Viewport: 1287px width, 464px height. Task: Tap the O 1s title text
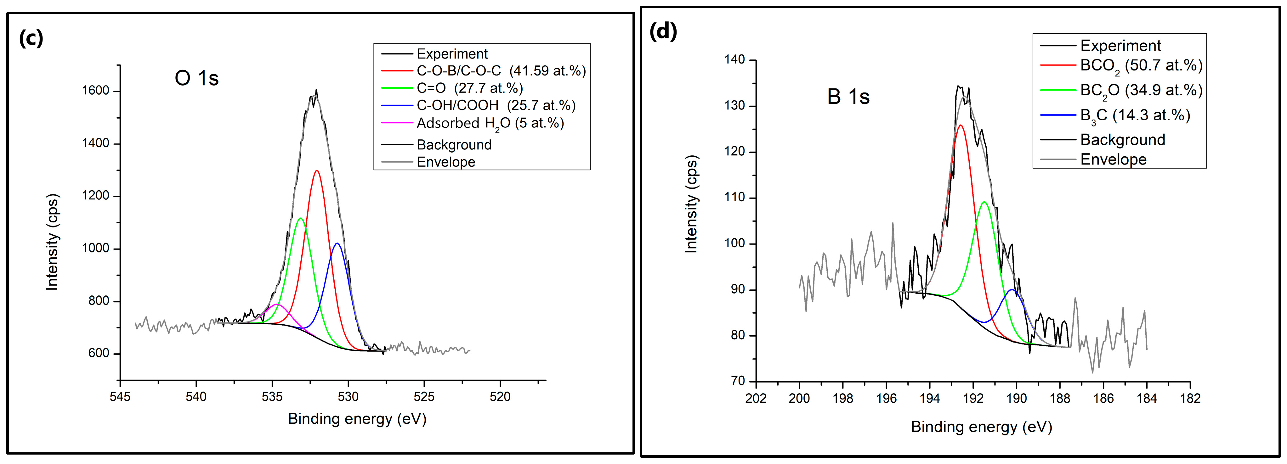pyautogui.click(x=196, y=78)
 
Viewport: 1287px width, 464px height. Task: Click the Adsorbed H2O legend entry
pyautogui.click(x=490, y=123)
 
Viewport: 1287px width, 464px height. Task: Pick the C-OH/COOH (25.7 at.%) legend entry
pyautogui.click(x=496, y=105)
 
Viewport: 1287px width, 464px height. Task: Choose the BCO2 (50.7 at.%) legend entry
pyautogui.click(x=1141, y=65)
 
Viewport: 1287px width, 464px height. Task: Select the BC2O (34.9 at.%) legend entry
pyautogui.click(x=1141, y=90)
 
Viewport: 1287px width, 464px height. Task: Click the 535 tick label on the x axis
pyautogui.click(x=272, y=397)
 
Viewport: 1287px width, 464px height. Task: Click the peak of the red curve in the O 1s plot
pyautogui.click(x=317, y=171)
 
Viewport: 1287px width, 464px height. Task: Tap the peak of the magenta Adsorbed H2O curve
pyautogui.click(x=277, y=304)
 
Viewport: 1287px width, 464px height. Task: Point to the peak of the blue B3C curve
pyautogui.click(x=1012, y=290)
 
